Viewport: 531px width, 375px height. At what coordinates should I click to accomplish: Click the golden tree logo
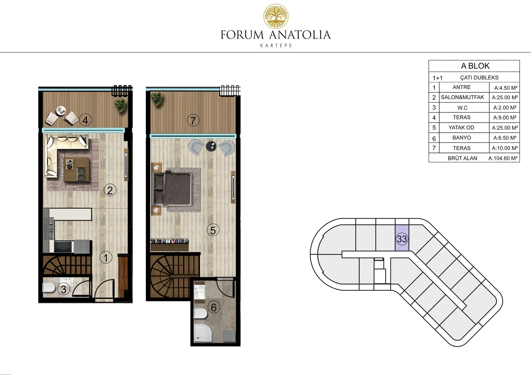click(x=276, y=16)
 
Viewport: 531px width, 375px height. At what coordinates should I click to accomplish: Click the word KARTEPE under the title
click(x=276, y=46)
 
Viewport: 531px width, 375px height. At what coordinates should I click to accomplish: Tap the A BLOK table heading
click(x=475, y=66)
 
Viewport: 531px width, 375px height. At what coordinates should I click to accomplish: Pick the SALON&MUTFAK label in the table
click(x=462, y=97)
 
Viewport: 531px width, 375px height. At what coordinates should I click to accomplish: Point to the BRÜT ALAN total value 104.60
click(x=503, y=158)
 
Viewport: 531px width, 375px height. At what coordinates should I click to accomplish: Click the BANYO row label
click(x=462, y=138)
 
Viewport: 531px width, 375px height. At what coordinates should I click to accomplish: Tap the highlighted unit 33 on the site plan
click(x=402, y=238)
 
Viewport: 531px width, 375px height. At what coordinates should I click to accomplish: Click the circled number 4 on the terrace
click(x=85, y=120)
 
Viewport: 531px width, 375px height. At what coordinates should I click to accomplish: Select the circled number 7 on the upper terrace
click(x=193, y=120)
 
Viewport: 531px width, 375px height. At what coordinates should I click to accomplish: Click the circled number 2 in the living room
click(x=110, y=190)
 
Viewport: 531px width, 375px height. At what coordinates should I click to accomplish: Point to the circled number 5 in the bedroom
click(x=213, y=230)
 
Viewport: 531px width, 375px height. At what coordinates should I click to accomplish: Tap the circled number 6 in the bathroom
click(x=214, y=307)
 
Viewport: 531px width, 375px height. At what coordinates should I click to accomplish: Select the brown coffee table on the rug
click(x=77, y=169)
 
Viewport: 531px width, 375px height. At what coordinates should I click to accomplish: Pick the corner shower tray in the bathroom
click(x=204, y=333)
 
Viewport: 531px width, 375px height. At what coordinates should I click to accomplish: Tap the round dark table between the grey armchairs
click(x=212, y=146)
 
